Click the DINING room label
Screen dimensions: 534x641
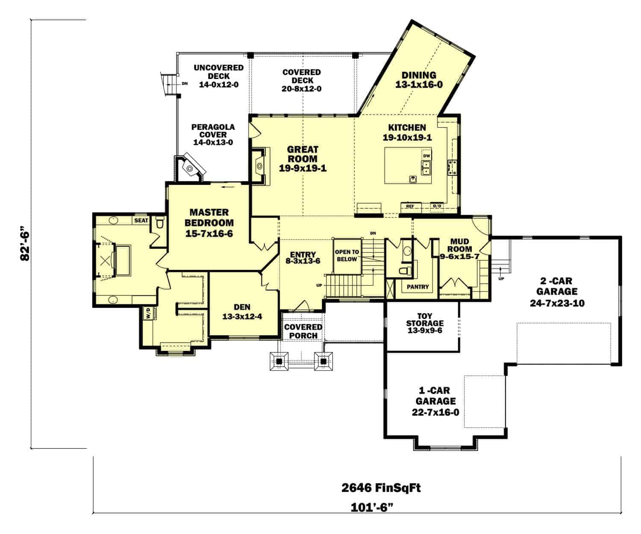click(418, 80)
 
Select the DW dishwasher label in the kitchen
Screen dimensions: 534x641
click(426, 156)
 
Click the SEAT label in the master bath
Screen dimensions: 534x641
click(141, 220)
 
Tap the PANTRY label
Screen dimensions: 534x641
click(418, 287)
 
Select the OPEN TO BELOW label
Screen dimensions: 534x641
click(347, 256)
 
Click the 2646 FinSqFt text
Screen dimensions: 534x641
click(381, 488)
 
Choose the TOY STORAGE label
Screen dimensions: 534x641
click(424, 323)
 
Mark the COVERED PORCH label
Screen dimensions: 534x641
click(303, 331)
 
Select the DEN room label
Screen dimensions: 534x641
click(242, 312)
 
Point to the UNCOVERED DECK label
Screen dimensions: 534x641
click(218, 76)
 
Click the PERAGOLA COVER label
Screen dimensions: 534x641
click(213, 135)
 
